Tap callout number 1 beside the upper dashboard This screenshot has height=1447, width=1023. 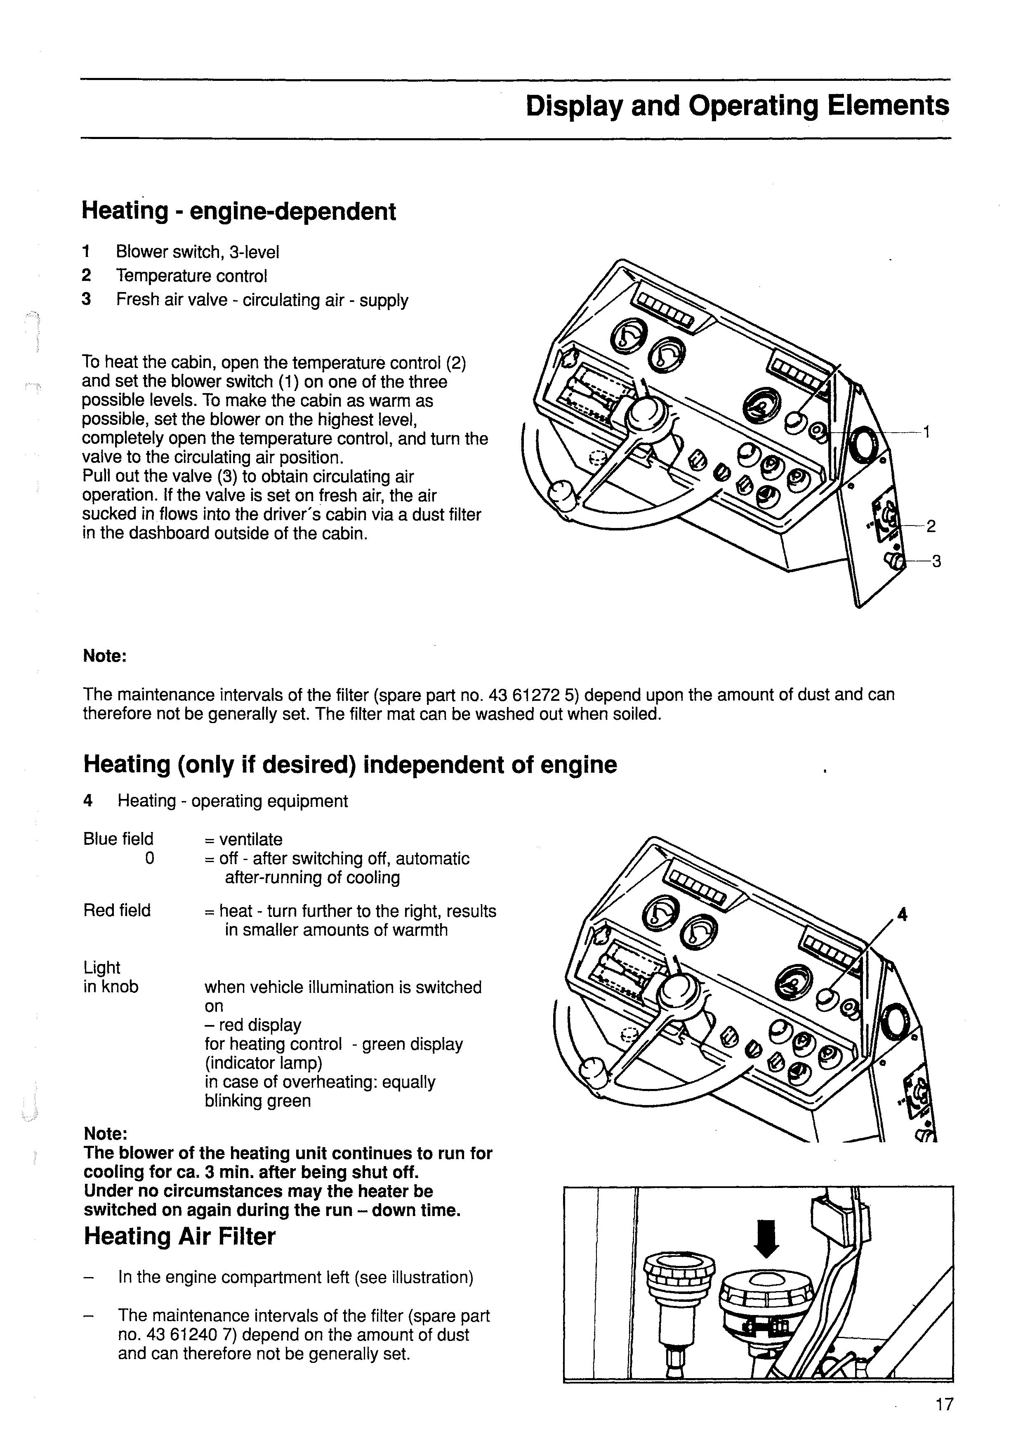[x=927, y=432]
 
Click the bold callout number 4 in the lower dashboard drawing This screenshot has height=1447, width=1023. [x=902, y=914]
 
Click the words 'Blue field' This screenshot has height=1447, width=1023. [x=118, y=839]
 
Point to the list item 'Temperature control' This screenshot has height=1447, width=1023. [x=192, y=276]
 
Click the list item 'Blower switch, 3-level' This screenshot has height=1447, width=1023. [x=197, y=252]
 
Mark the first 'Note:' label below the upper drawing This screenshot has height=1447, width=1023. [x=105, y=656]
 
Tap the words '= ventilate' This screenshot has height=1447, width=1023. [x=243, y=839]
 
